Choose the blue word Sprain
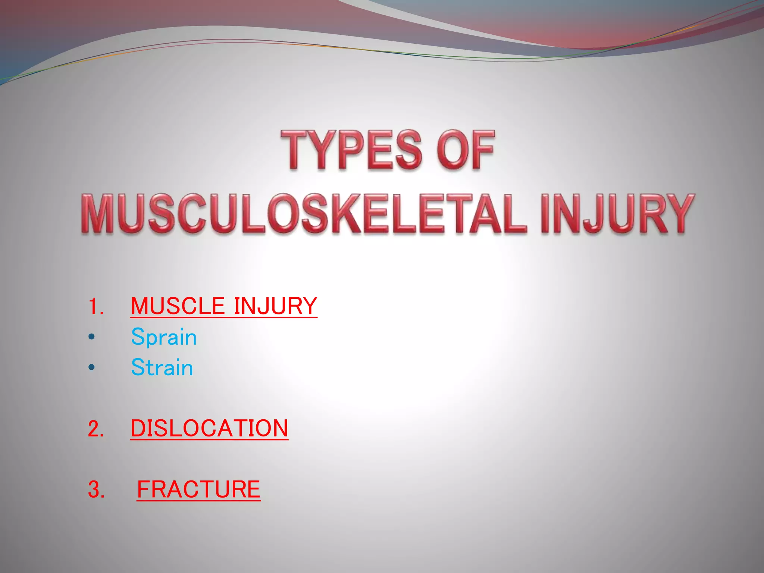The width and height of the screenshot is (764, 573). click(164, 337)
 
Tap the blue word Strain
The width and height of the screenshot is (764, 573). click(162, 367)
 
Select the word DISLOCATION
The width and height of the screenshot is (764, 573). click(209, 428)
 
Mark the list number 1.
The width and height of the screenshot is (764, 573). click(95, 307)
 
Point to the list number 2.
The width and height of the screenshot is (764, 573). click(95, 429)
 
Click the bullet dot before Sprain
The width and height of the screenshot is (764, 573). click(92, 337)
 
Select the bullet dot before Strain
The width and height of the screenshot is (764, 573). click(92, 367)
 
